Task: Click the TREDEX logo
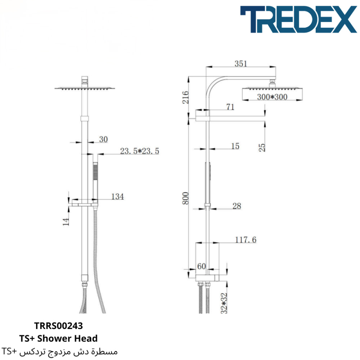point(298,19)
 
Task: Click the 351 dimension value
point(240,64)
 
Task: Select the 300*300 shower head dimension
point(272,97)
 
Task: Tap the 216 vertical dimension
point(185,97)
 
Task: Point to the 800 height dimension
point(185,198)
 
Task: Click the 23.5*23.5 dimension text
point(140,151)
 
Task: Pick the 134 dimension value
point(118,197)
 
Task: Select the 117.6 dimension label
point(246,240)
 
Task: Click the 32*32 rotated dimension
point(224,303)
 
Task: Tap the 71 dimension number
point(230,107)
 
